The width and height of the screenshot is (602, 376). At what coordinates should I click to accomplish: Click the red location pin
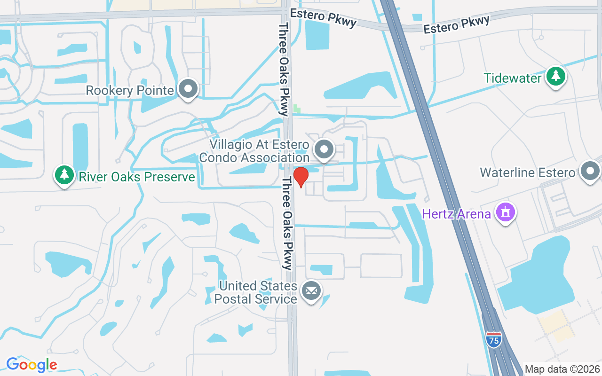pyautogui.click(x=301, y=177)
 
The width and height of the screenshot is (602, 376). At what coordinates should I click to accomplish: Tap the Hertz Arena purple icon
pyautogui.click(x=505, y=212)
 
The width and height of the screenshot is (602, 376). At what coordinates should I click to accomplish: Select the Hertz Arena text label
pyautogui.click(x=456, y=214)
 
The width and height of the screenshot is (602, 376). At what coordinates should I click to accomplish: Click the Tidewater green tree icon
pyautogui.click(x=556, y=76)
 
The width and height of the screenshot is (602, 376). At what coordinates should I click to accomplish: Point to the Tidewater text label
pyautogui.click(x=513, y=78)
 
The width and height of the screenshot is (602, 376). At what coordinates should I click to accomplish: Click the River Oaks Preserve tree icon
pyautogui.click(x=64, y=175)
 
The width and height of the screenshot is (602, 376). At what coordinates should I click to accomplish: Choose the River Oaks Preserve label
pyautogui.click(x=136, y=177)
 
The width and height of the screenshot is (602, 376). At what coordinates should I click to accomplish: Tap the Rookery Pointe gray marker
pyautogui.click(x=189, y=88)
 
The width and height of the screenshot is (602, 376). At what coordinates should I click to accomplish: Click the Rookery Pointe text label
pyautogui.click(x=130, y=90)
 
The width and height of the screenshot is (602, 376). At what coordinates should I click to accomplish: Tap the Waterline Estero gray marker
pyautogui.click(x=590, y=171)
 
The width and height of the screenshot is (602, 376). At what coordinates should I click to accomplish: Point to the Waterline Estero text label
pyautogui.click(x=527, y=172)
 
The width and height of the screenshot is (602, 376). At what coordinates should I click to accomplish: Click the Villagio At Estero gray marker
pyautogui.click(x=324, y=149)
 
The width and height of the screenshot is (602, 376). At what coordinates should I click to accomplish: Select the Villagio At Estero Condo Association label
pyautogui.click(x=254, y=151)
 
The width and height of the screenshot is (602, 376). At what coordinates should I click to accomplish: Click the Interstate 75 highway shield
pyautogui.click(x=494, y=339)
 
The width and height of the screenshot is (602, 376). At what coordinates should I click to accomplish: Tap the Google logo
pyautogui.click(x=32, y=364)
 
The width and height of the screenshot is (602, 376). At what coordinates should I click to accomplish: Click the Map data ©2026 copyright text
pyautogui.click(x=562, y=369)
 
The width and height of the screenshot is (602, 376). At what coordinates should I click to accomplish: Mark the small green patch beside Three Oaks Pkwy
pyautogui.click(x=297, y=109)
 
